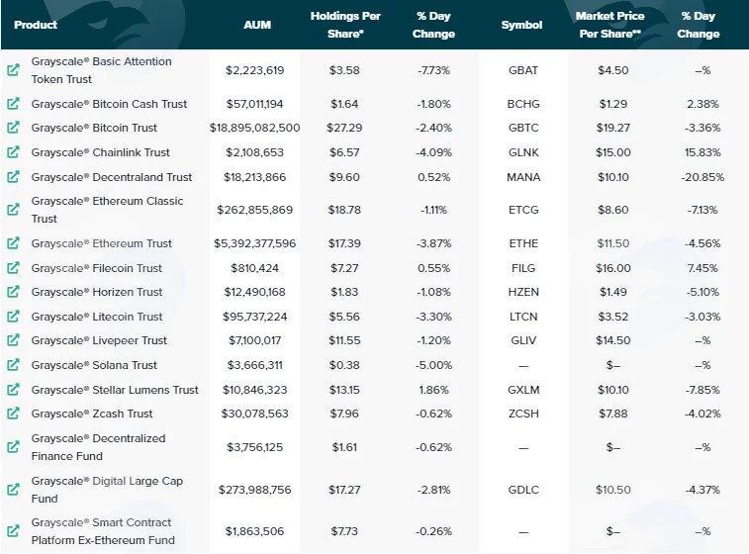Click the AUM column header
pos(257,25)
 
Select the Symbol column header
pos(521,25)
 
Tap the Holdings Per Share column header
pos(345,25)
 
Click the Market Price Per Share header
pos(610,25)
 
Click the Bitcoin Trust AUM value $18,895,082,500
pos(254,128)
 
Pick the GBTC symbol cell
pos(523,128)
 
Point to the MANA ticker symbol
pos(523,177)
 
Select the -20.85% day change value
pos(702,177)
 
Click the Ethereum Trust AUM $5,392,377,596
pos(254,243)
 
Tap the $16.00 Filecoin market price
pos(613,268)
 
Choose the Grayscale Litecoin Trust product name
pos(97,317)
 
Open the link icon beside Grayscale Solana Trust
pos(14,365)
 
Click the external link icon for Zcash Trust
pos(14,414)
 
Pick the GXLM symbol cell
pos(523,390)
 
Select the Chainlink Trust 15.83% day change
pos(702,152)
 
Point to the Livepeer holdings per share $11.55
pos(344,340)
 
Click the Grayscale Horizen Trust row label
pos(97,292)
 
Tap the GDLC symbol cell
pos(523,490)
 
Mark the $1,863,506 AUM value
pos(254,531)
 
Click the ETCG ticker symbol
pos(523,210)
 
